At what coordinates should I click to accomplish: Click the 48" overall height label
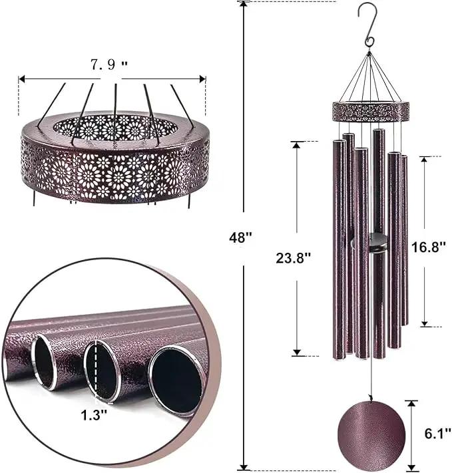[240, 237]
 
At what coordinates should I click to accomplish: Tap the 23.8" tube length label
[293, 258]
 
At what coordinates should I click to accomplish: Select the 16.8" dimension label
[429, 247]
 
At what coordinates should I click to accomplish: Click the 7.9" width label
[109, 65]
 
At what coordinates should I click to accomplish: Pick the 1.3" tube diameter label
[94, 415]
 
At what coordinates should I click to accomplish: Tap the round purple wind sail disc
[371, 432]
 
